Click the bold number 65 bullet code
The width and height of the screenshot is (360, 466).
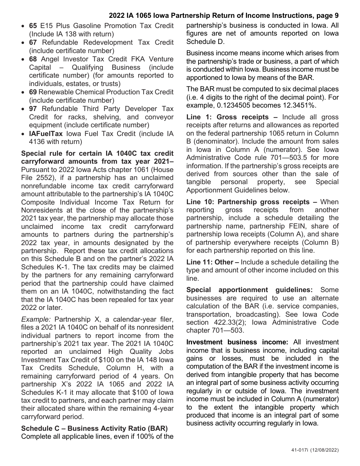tap(33, 26)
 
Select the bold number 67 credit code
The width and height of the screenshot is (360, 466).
tap(33, 42)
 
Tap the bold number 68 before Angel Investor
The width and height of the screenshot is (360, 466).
tap(33, 59)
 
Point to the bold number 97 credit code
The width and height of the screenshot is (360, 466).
tap(33, 109)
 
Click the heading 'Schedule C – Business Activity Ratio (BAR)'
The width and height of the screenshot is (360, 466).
tap(94, 428)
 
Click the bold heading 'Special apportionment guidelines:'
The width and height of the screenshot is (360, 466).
tap(249, 290)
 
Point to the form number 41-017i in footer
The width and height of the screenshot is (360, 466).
tap(296, 450)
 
